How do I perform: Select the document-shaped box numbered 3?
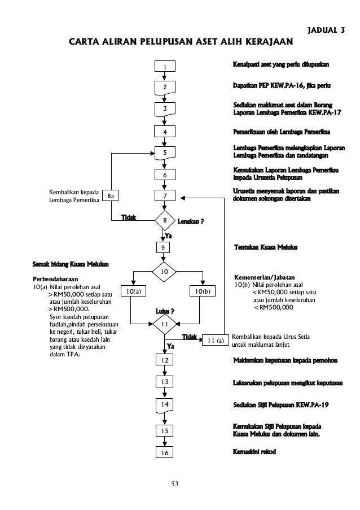point(165,108)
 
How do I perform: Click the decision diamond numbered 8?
point(165,220)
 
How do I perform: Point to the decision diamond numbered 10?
point(165,272)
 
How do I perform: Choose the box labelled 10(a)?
point(133,291)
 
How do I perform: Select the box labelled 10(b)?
point(202,291)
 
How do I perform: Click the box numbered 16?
point(165,453)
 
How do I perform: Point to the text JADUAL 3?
point(326,29)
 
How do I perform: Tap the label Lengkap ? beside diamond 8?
point(191,221)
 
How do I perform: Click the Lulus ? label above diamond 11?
point(165,312)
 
